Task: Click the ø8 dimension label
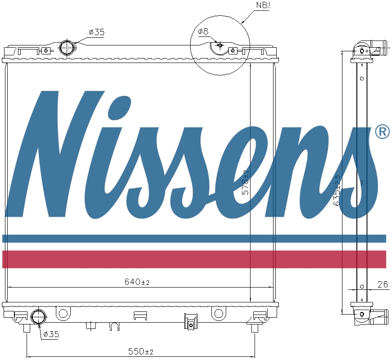(203, 31)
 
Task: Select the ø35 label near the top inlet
(97, 32)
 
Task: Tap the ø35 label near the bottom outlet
(51, 334)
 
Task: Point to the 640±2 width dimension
(137, 282)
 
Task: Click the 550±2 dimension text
(141, 351)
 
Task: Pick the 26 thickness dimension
(383, 284)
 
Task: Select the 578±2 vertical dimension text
(246, 182)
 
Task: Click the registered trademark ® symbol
(382, 132)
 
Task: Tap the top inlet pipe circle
(67, 47)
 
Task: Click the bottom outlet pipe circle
(38, 317)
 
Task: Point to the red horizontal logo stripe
(194, 259)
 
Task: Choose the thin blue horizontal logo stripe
(194, 238)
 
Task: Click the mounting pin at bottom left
(27, 328)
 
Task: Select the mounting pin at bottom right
(255, 328)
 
